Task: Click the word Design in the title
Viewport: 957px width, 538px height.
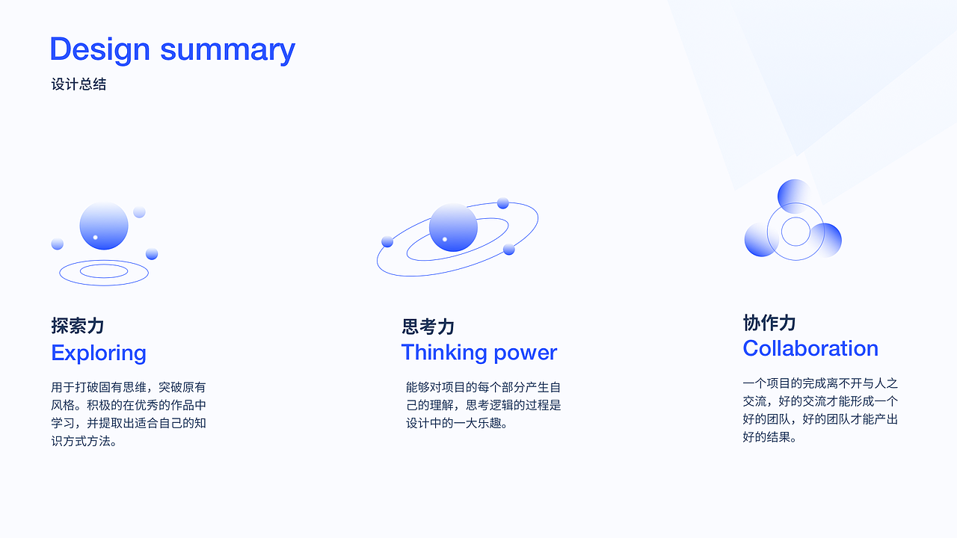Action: [x=100, y=50]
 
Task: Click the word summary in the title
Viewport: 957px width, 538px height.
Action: [x=228, y=50]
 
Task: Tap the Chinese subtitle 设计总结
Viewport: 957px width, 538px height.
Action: [x=79, y=84]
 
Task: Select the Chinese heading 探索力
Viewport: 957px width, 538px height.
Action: [x=77, y=325]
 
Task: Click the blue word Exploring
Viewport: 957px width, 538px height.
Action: [x=99, y=353]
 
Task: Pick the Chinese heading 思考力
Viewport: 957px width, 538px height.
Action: [x=428, y=327]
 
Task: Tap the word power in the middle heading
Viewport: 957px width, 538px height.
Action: [x=526, y=354]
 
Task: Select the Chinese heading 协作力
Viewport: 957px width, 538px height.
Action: [x=769, y=323]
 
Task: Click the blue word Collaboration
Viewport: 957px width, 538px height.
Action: [x=810, y=348]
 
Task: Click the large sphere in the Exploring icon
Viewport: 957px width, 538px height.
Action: [x=104, y=226]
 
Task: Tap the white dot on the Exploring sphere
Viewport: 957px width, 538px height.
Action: [x=95, y=238]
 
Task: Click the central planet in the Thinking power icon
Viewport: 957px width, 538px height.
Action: [x=453, y=227]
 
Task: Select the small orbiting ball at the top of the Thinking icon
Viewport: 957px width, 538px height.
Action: [x=503, y=203]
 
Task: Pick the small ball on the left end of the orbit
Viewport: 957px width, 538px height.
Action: [x=387, y=241]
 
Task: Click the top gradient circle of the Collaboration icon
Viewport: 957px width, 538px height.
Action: [x=795, y=197]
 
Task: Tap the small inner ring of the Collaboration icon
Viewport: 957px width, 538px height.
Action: [x=796, y=217]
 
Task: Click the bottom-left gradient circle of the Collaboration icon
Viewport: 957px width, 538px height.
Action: [x=761, y=240]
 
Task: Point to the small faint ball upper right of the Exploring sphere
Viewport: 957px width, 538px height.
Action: [x=139, y=212]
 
